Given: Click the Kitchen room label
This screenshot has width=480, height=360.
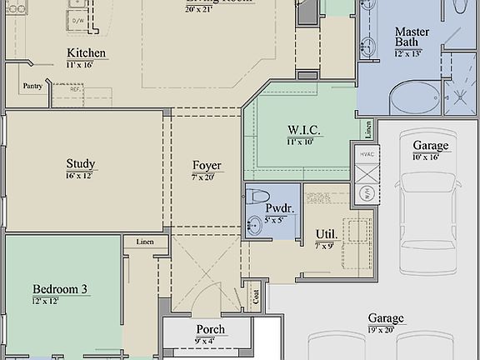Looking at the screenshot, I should coord(87,53).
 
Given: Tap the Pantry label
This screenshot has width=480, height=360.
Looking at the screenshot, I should coord(32,85).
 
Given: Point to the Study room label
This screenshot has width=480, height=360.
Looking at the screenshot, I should coord(81,164).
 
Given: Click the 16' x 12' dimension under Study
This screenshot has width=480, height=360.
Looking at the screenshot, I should coord(81,176).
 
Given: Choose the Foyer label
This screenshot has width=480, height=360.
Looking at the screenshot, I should coord(207,165).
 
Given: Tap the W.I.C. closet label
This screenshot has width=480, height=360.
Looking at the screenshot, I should coord(304,131).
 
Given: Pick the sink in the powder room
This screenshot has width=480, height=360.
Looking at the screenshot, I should coord(252,224).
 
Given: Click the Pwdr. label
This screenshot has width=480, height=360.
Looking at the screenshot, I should coord(277,207).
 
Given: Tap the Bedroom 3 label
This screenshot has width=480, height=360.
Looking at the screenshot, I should coord(60,289).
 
